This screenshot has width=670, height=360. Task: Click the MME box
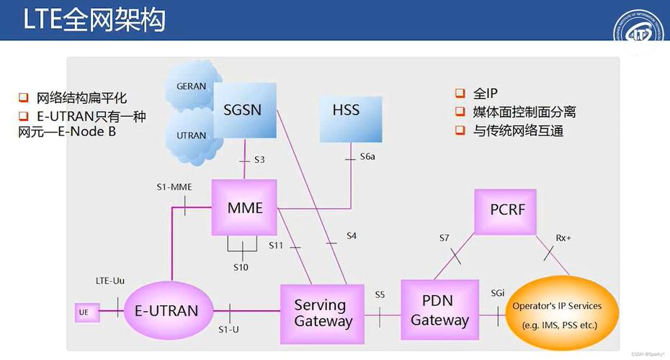tap(244, 207)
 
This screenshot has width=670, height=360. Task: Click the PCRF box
tap(507, 210)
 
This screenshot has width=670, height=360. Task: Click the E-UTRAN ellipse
tap(166, 310)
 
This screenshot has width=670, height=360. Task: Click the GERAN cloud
tap(190, 86)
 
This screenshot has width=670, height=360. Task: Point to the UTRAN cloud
tap(191, 135)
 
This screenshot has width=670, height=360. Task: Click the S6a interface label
tap(367, 156)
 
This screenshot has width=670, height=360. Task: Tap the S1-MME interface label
tap(174, 186)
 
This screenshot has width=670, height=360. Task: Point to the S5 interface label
tap(380, 294)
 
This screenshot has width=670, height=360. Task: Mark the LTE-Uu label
tap(110, 280)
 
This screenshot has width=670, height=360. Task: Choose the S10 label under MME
tap(241, 267)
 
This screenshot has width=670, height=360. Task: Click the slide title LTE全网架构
tap(94, 19)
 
